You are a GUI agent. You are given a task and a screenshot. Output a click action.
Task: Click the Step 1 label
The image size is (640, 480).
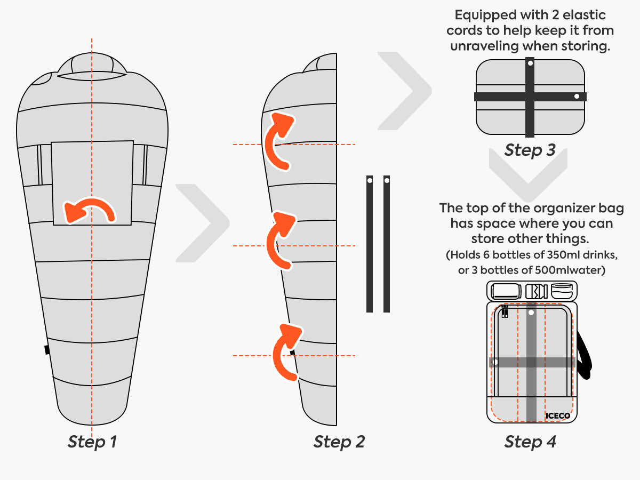point(92,442)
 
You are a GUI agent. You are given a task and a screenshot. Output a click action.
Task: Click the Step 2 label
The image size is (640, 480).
point(339,442)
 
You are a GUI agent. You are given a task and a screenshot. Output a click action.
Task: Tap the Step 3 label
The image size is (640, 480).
point(530,150)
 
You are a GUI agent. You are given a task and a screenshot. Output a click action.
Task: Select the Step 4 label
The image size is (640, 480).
point(530,442)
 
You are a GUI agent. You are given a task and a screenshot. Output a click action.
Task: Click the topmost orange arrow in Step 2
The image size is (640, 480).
point(278,139)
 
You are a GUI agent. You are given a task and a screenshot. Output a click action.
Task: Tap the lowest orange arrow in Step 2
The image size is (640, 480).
point(286,349)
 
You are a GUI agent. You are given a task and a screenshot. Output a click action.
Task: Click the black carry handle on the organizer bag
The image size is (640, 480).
point(586,355)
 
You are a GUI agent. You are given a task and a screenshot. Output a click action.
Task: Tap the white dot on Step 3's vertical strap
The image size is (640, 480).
point(530,63)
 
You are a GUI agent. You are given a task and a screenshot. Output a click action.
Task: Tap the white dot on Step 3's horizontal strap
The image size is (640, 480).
point(577,97)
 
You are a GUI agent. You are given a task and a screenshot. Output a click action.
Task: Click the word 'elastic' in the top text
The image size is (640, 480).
point(582,15)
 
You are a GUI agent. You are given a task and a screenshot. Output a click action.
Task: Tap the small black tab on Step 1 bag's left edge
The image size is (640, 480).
point(47,349)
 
